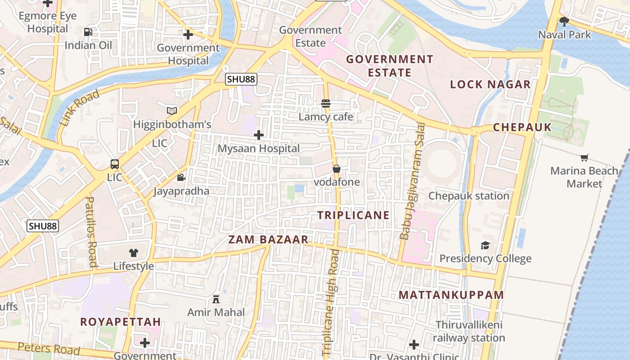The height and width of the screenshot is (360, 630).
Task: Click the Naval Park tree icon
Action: click(564, 21)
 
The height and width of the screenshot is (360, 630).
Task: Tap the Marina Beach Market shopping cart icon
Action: click(584, 157)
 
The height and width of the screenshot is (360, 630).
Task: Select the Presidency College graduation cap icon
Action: click(485, 245)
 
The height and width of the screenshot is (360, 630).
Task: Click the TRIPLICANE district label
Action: click(353, 215)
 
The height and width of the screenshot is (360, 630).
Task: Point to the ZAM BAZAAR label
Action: click(268, 239)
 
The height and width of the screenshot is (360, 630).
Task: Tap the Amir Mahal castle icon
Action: click(216, 299)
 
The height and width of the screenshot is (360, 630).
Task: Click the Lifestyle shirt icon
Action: click(133, 253)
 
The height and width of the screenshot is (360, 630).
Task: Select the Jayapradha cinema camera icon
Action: click(181, 178)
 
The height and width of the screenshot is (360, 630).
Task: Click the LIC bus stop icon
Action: click(115, 164)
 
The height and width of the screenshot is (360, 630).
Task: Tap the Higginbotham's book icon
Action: click(172, 110)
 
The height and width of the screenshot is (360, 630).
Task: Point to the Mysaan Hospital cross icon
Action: click(259, 135)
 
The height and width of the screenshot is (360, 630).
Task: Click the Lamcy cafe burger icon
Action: click(326, 103)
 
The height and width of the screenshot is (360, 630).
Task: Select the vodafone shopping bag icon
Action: click(336, 169)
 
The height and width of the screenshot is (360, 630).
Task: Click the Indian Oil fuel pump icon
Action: click(88, 32)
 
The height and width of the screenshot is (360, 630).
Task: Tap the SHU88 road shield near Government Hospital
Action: click(241, 79)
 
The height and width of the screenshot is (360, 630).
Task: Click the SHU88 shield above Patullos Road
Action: click(43, 226)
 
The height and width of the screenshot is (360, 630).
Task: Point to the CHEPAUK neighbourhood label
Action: click(522, 127)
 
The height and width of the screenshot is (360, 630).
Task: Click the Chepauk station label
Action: click(468, 196)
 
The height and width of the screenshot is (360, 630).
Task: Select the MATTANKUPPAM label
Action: click(451, 295)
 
